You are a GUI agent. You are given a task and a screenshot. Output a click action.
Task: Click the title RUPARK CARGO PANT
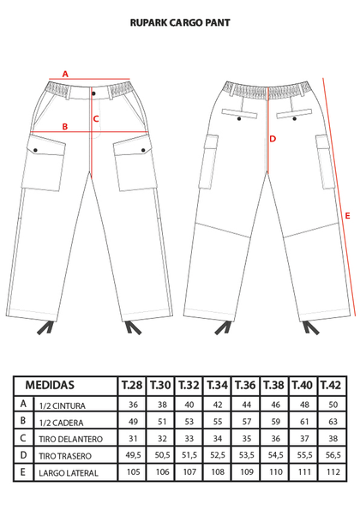tap(180, 22)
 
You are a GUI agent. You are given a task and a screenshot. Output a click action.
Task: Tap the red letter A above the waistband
tap(65, 75)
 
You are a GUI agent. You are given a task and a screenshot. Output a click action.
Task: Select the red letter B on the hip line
tap(65, 127)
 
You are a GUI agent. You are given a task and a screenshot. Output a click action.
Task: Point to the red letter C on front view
tap(96, 119)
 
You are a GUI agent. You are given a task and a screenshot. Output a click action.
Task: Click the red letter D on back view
tap(273, 139)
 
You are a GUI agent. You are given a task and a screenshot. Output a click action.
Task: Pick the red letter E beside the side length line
tap(348, 216)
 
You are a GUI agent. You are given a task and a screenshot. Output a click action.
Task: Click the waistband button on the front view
tap(93, 93)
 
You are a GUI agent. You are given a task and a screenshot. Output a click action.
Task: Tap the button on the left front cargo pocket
tap(35, 150)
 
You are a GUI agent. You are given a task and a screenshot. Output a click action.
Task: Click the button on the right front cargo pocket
tap(143, 150)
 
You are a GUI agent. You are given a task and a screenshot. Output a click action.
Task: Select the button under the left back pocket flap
tap(239, 119)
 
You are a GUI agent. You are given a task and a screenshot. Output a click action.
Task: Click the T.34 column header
tap(217, 386)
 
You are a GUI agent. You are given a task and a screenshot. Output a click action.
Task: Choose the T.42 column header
tap(331, 386)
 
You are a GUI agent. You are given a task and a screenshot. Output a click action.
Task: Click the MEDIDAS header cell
tap(50, 385)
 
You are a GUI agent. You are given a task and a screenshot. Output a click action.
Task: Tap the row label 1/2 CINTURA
tap(62, 406)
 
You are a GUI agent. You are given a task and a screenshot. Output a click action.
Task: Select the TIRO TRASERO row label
tap(65, 456)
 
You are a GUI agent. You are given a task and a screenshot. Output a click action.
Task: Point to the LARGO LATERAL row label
tap(69, 473)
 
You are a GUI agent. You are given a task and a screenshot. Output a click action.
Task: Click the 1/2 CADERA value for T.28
tap(133, 422)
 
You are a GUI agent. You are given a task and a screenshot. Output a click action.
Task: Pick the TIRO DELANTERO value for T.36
tap(247, 439)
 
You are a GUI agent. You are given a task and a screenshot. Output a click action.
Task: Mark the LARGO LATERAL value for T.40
tap(304, 472)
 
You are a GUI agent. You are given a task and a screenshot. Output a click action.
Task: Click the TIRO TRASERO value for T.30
tap(162, 455)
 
